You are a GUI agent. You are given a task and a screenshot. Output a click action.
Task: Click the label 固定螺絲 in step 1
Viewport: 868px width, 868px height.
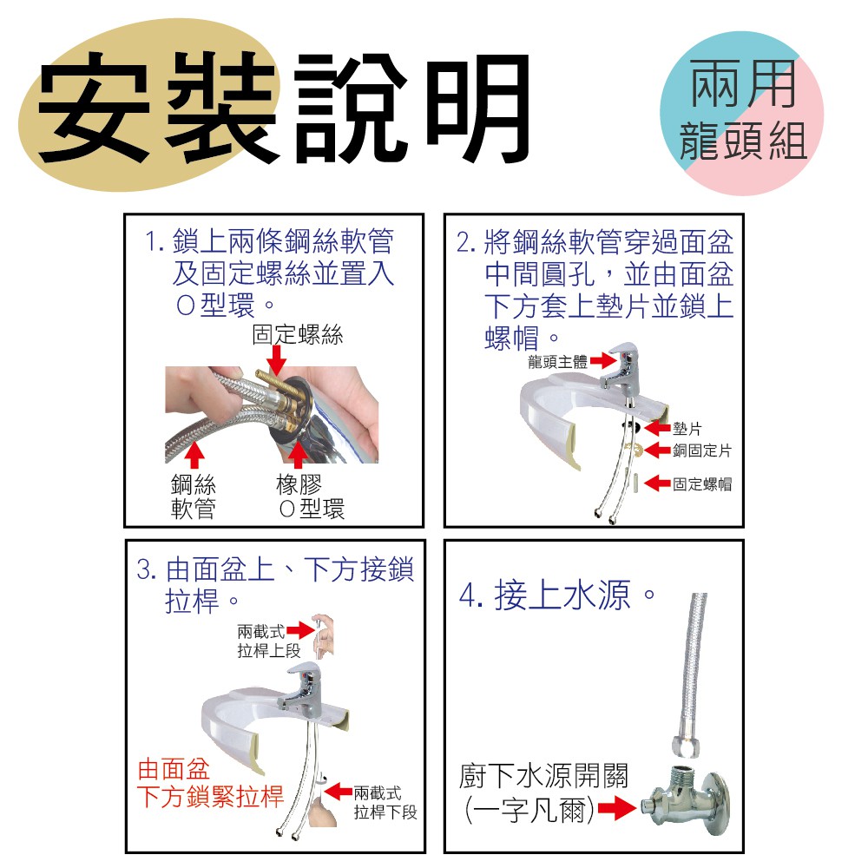pyautogui.click(x=297, y=334)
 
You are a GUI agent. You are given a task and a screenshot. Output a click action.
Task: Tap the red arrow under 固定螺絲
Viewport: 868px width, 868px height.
pyautogui.click(x=276, y=361)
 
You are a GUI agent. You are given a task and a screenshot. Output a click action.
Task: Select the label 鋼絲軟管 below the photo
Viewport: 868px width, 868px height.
pyautogui.click(x=194, y=496)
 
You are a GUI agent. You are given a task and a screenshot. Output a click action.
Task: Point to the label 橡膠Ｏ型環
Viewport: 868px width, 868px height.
pyautogui.click(x=311, y=496)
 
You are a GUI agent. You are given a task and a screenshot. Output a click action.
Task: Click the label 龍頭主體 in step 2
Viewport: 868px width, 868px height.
pyautogui.click(x=557, y=362)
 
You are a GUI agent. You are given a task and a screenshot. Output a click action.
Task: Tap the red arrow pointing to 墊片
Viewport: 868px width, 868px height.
pyautogui.click(x=658, y=428)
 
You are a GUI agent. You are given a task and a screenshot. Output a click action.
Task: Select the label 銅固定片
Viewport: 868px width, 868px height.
pyautogui.click(x=702, y=450)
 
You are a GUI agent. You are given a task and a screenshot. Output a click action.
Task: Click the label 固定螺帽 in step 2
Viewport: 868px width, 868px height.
pyautogui.click(x=702, y=484)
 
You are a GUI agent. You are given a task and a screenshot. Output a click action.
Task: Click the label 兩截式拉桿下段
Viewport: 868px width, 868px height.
pyautogui.click(x=385, y=803)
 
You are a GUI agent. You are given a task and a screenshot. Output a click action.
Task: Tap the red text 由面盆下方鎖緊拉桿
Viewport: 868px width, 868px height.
pyautogui.click(x=210, y=783)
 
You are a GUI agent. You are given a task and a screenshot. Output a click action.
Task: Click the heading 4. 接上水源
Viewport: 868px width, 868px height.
pyautogui.click(x=557, y=595)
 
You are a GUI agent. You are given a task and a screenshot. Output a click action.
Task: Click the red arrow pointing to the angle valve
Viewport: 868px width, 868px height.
pyautogui.click(x=618, y=809)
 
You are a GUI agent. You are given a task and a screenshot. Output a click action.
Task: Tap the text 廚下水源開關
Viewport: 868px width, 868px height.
pyautogui.click(x=543, y=775)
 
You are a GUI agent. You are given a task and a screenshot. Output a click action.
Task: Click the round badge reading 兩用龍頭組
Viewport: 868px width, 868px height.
pyautogui.click(x=742, y=112)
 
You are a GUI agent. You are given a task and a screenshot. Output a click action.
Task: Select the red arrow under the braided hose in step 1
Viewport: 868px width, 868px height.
pyautogui.click(x=194, y=454)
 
